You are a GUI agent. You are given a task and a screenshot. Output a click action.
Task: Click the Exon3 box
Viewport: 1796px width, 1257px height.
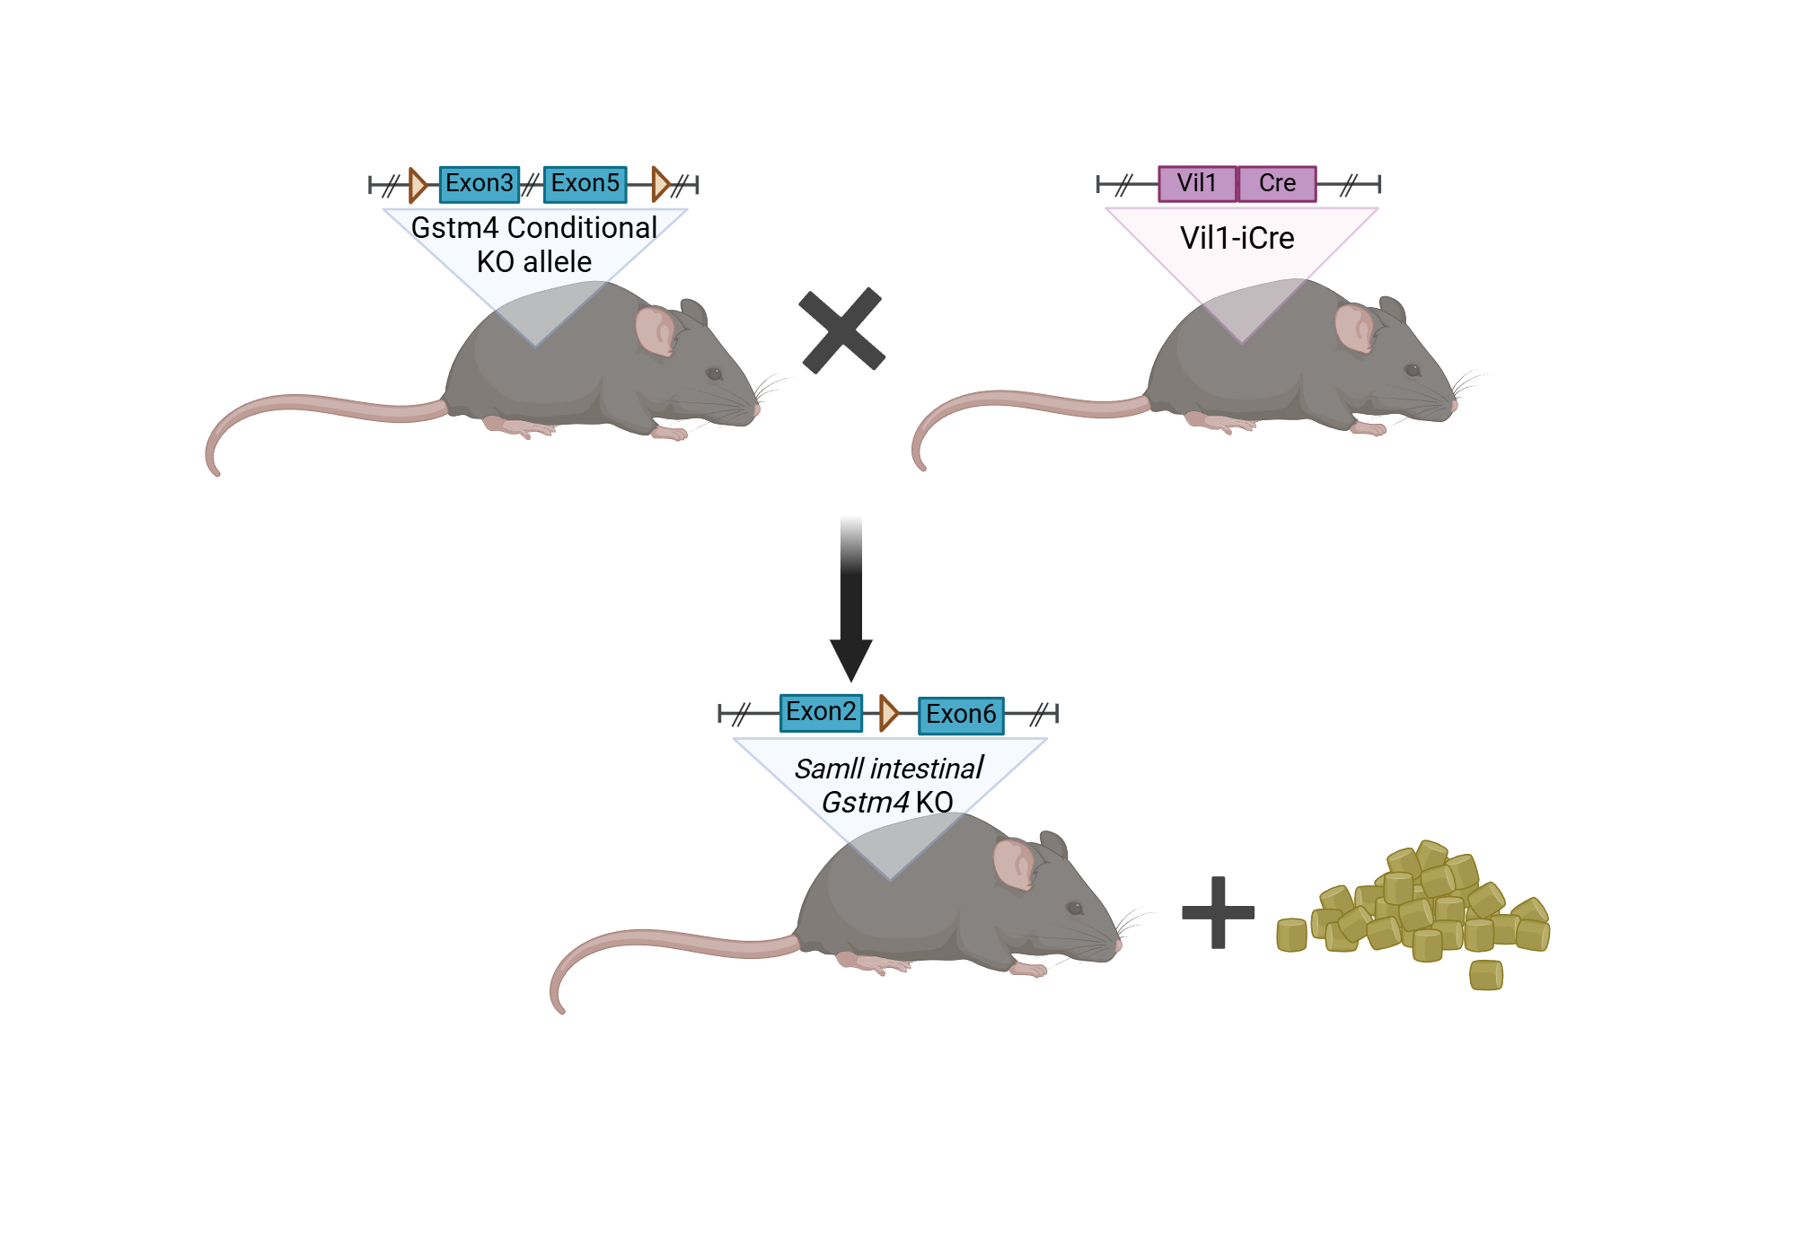coord(480,184)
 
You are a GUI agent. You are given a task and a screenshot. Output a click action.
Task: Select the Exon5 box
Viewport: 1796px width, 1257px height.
coord(585,184)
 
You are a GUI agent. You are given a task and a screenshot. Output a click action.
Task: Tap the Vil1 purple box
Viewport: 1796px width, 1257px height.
coord(1198,184)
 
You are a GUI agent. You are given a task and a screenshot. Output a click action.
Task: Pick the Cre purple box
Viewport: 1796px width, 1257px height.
coord(1277,184)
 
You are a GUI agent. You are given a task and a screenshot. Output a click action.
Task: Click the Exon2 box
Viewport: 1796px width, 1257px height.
coord(821,713)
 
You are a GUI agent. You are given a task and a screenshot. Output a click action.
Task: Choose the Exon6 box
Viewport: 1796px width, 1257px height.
coord(961,716)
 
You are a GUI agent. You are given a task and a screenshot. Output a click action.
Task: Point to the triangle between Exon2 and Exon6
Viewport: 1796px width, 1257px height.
coord(889,713)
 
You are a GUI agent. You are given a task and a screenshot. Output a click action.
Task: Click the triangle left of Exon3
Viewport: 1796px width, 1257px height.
coord(418,185)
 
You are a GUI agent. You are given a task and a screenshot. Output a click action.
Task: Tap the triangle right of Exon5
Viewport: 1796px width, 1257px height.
coord(661,184)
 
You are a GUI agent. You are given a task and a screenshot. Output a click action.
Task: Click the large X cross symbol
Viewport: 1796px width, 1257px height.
coord(842,330)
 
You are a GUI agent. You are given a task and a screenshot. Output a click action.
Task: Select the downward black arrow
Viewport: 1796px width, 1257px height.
coord(851,600)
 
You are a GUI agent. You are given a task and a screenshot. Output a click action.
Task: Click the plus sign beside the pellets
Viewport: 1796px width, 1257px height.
coord(1218,912)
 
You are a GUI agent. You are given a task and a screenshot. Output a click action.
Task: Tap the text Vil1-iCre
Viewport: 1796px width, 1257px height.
coord(1237,238)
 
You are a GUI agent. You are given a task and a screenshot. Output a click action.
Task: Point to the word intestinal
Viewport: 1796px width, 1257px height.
coord(927,769)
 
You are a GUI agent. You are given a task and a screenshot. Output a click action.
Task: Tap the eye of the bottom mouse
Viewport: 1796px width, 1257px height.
coord(1075,908)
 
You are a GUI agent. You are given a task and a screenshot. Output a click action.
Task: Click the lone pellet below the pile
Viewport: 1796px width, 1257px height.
coord(1486,975)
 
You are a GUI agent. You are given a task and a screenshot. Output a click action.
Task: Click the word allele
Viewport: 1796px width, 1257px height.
coord(558,262)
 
